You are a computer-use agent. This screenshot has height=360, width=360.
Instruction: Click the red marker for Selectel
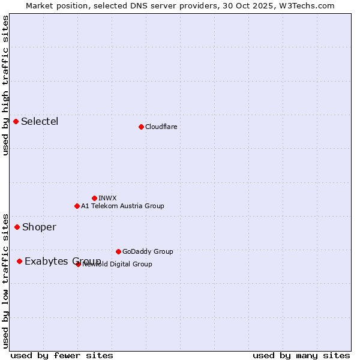[x=16, y=122]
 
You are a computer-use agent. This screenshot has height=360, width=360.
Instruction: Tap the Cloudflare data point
[x=141, y=127]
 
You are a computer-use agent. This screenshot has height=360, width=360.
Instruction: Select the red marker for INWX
[x=94, y=198]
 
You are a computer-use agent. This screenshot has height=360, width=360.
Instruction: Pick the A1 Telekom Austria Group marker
[x=77, y=206]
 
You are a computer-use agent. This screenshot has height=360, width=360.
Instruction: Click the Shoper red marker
[x=17, y=227]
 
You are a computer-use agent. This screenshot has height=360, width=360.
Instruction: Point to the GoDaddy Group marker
[x=118, y=251]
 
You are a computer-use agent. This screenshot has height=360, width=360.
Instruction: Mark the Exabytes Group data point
[x=20, y=261]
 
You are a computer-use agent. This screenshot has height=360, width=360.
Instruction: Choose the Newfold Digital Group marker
[x=79, y=264]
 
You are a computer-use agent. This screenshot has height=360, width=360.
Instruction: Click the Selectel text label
[x=40, y=122]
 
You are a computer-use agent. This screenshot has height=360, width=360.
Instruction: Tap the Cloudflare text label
[x=161, y=127]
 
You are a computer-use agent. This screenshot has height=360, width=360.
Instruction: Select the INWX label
[x=107, y=198]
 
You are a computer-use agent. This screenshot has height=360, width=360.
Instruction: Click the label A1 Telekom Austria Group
[x=122, y=206]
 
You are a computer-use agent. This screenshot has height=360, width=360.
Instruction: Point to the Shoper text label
[x=39, y=227]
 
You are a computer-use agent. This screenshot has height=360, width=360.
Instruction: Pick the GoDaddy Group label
[x=148, y=251]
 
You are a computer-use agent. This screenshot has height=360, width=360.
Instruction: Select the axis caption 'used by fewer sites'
[x=62, y=355]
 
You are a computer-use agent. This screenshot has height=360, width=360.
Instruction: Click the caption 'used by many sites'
[x=301, y=355]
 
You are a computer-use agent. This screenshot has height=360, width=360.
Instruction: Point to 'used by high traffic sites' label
[x=5, y=85]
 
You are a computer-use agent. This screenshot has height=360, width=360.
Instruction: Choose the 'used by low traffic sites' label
[x=5, y=281]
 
